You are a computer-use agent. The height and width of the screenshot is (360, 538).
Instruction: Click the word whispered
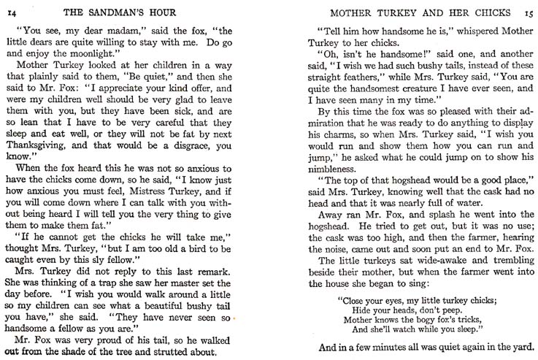(x=461, y=33)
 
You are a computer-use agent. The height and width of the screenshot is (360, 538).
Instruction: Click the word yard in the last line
(x=523, y=347)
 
